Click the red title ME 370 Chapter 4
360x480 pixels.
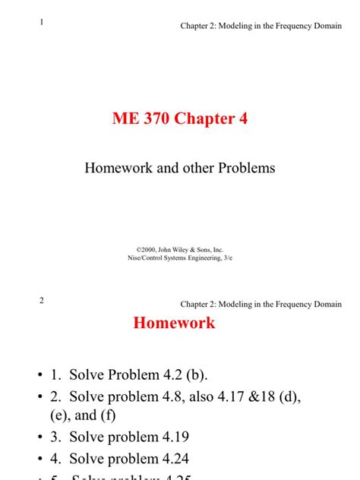(x=180, y=119)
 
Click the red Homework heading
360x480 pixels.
(x=174, y=323)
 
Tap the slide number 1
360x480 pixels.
(x=43, y=22)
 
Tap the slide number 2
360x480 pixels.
(x=43, y=300)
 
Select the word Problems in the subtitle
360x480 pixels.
(x=242, y=167)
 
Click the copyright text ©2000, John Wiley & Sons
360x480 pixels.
(x=180, y=249)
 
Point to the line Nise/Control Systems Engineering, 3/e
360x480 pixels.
(x=180, y=257)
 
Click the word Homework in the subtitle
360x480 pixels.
(x=118, y=167)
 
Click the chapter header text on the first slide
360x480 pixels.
(x=261, y=27)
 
